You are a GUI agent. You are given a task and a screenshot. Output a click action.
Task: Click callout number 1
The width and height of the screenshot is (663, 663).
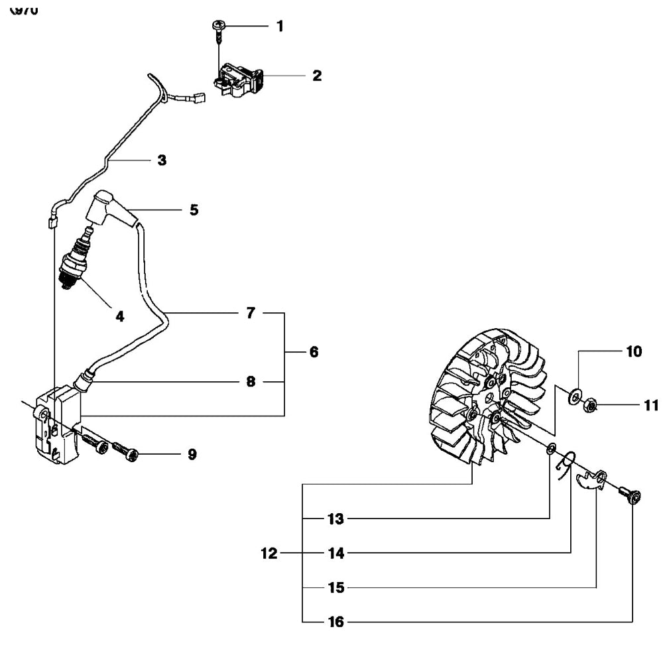[x=279, y=27]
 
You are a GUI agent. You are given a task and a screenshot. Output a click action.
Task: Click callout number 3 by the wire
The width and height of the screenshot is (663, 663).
[x=162, y=160]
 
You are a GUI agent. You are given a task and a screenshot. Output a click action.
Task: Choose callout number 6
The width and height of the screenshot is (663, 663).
[x=314, y=352]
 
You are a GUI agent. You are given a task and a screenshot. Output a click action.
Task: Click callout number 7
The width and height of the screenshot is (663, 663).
[x=251, y=313]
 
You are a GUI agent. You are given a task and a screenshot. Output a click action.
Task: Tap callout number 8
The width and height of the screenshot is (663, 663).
[x=251, y=383]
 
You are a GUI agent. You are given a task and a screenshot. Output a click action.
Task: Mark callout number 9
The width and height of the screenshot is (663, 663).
[x=192, y=455]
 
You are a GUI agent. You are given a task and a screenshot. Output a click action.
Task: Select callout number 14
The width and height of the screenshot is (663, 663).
[x=336, y=553]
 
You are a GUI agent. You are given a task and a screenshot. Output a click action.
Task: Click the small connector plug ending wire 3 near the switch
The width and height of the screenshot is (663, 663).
[x=197, y=98]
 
